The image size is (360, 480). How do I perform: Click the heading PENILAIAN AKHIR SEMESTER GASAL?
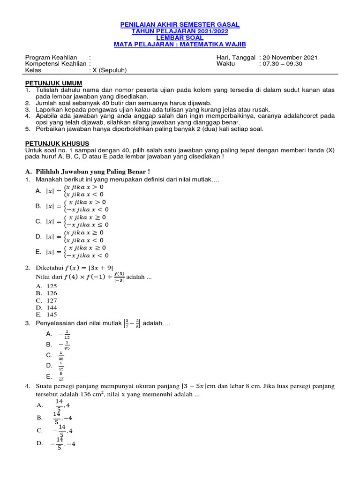pos(180,24)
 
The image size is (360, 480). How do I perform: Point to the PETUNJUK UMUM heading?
pos(53,83)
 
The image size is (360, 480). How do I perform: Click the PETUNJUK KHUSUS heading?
pos(57,143)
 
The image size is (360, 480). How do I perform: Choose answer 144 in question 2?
pos(52,307)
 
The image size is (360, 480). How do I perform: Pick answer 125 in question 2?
pos(52,286)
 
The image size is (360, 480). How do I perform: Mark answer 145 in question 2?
pos(52,315)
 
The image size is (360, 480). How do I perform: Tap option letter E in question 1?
pos(38,252)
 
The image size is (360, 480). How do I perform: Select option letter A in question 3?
pos(49,334)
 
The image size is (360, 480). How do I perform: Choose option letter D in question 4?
pos(40,443)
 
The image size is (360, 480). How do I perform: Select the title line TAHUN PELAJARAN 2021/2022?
pos(180,31)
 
